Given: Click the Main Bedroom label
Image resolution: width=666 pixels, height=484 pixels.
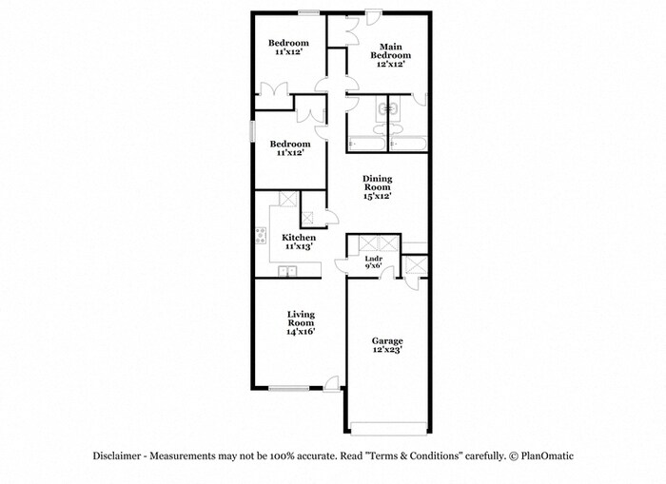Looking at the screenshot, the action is pyautogui.click(x=390, y=55).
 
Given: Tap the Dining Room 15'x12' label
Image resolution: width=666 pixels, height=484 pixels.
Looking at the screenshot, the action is pyautogui.click(x=377, y=187).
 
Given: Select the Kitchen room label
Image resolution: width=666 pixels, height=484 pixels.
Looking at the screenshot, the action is pyautogui.click(x=299, y=242).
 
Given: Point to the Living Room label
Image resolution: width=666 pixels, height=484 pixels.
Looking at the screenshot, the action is pyautogui.click(x=301, y=322).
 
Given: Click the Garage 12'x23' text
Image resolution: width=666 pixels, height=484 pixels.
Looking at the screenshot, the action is pyautogui.click(x=387, y=345).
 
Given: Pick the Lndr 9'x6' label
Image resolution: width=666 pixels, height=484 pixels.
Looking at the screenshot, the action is pyautogui.click(x=374, y=262).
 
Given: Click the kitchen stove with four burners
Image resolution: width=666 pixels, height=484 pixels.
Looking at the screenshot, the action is pyautogui.click(x=261, y=236).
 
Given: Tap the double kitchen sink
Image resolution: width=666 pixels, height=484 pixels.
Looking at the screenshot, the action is pyautogui.click(x=287, y=271).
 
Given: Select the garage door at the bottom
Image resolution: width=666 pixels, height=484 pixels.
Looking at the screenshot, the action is pyautogui.click(x=388, y=429).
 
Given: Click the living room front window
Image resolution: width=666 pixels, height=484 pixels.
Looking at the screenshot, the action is pyautogui.click(x=289, y=388).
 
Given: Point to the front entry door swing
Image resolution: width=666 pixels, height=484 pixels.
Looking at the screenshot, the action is pyautogui.click(x=331, y=382).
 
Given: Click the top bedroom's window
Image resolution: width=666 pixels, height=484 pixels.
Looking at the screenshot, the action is pyautogui.click(x=309, y=12).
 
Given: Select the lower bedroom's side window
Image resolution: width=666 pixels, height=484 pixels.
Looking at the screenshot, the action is pyautogui.click(x=253, y=131).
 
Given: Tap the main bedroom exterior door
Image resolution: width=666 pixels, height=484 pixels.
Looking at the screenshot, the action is pyautogui.click(x=374, y=17).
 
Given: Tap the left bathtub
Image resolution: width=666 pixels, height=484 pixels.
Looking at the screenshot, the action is pyautogui.click(x=366, y=144).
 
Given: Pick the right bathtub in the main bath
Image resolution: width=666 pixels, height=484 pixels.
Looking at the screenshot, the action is pyautogui.click(x=408, y=144).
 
